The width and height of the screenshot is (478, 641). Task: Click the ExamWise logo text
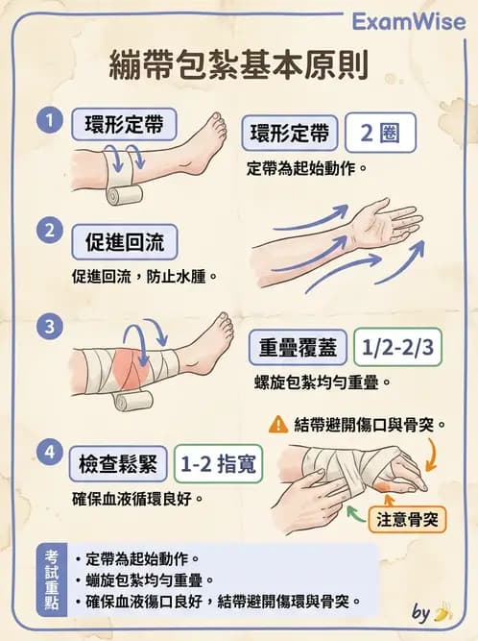[407, 21]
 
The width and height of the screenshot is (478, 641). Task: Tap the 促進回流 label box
[125, 241]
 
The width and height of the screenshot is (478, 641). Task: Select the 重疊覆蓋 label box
[296, 347]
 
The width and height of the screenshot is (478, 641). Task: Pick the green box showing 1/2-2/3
[395, 347]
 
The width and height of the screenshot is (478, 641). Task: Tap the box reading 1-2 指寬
[218, 467]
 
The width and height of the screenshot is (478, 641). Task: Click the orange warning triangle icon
[278, 423]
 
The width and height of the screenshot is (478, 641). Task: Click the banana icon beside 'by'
[442, 612]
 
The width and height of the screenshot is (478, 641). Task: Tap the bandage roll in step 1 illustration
[124, 194]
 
